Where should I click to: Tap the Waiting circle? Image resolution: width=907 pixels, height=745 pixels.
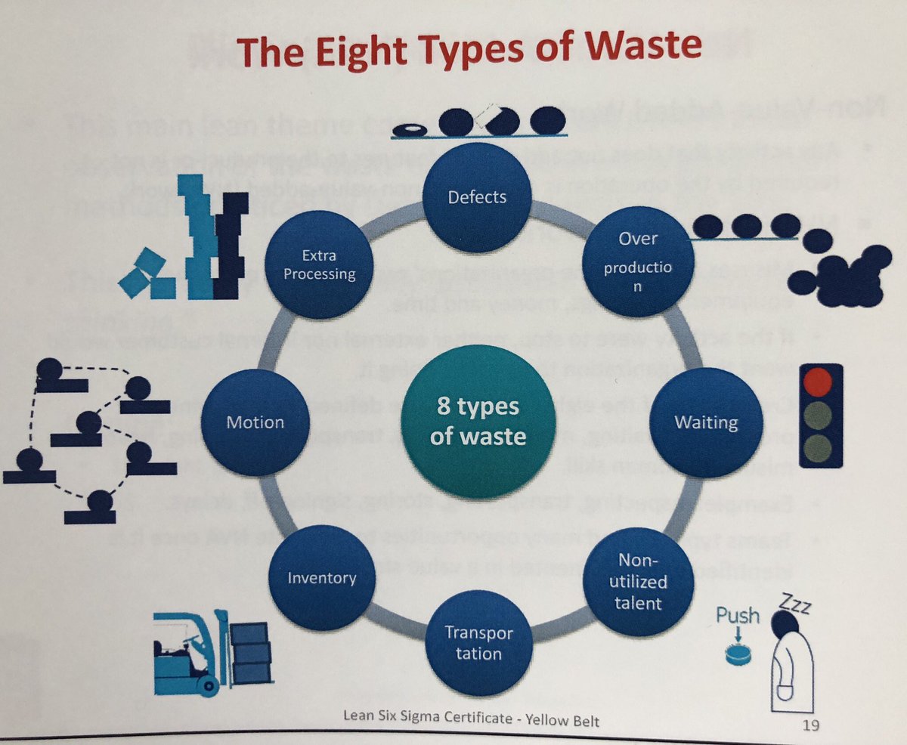705,421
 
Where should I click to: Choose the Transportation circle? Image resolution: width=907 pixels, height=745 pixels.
478,642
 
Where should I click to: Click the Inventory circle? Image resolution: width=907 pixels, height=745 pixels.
322,579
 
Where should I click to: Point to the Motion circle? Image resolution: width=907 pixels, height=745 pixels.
256,422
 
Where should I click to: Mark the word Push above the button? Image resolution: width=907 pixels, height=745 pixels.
738,615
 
